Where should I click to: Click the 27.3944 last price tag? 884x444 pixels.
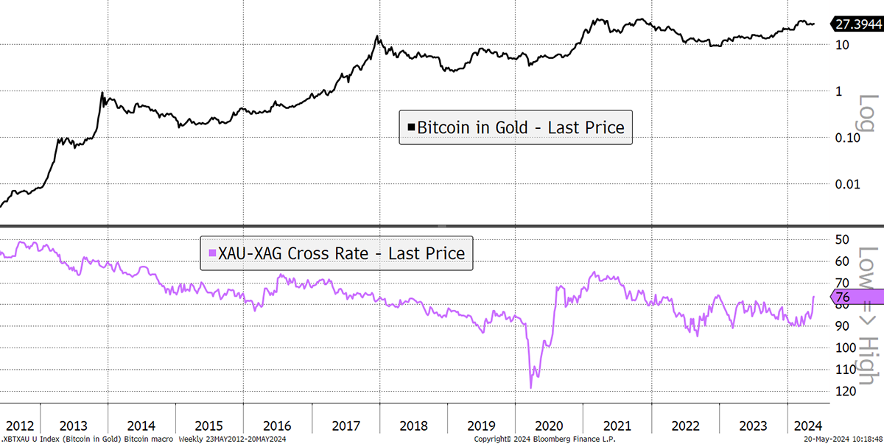click(857, 24)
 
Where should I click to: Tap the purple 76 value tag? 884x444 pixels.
click(857, 297)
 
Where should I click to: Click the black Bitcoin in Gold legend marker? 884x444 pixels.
click(411, 127)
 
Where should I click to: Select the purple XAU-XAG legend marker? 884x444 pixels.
click(212, 253)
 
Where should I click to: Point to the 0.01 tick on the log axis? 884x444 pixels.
click(847, 184)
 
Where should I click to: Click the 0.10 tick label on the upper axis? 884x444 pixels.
click(847, 138)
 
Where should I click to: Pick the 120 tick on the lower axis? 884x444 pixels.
click(845, 391)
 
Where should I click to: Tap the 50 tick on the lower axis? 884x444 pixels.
click(842, 239)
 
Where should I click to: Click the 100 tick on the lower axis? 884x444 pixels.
click(845, 348)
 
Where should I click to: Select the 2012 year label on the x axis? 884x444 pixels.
click(20, 426)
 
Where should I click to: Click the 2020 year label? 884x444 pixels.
click(549, 426)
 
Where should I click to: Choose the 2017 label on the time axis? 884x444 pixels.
click(346, 426)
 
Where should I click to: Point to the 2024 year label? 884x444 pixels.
click(808, 426)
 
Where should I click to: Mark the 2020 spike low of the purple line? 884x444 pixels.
click(531, 388)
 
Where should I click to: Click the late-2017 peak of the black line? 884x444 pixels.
click(377, 36)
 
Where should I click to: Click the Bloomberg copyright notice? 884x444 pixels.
click(544, 440)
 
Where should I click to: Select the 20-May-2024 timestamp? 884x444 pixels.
click(843, 440)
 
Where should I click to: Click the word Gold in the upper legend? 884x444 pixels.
click(511, 128)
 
